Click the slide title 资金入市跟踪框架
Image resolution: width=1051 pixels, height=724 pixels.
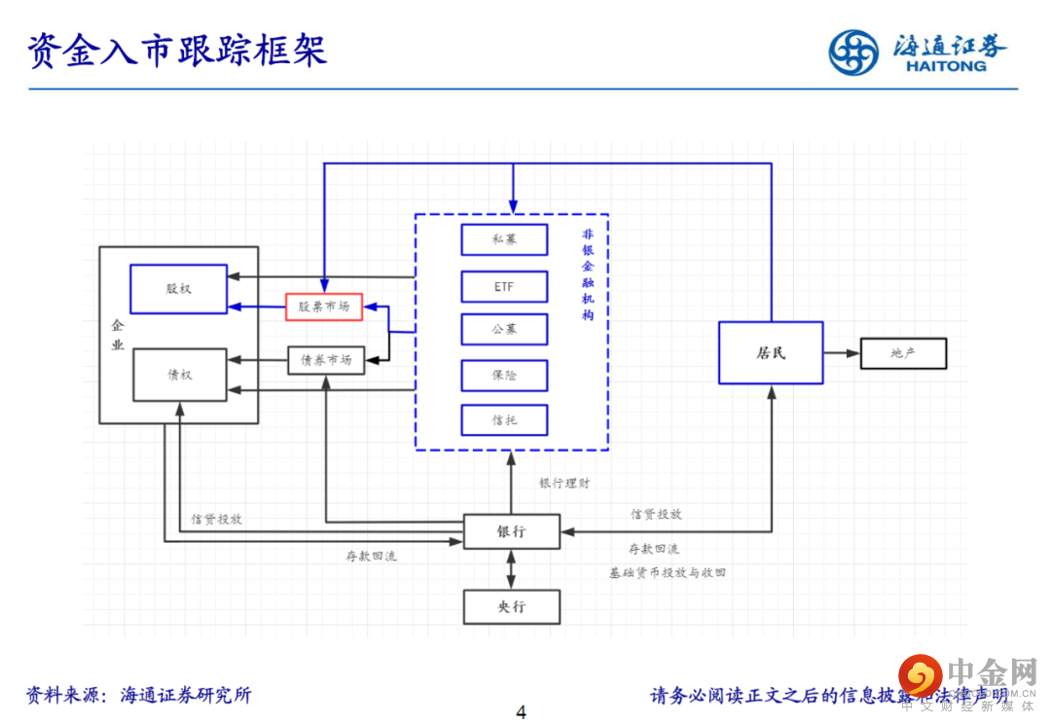coord(177,51)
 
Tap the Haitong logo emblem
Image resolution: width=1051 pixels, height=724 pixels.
coord(852,52)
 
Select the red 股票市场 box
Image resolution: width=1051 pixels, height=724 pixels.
coord(324,308)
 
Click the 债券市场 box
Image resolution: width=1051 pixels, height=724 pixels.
coord(326,360)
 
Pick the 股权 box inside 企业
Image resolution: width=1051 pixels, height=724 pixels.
coord(179,289)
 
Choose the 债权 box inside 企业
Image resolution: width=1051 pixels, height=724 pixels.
coord(179,375)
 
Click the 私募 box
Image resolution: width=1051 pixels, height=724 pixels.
coord(504,239)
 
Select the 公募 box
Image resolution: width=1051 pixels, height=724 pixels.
coord(504,330)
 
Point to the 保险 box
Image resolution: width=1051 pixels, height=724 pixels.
coord(504,376)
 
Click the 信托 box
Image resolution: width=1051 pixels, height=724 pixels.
coord(504,419)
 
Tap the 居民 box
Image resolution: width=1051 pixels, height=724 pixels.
coord(771,352)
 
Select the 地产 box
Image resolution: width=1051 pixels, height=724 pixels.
coord(902,352)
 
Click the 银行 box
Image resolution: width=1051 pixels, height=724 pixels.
coord(512,531)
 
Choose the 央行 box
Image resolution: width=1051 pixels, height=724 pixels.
coord(512,606)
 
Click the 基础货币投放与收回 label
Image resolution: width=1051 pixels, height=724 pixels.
coord(668,573)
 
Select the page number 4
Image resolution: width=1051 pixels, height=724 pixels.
coord(521,712)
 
